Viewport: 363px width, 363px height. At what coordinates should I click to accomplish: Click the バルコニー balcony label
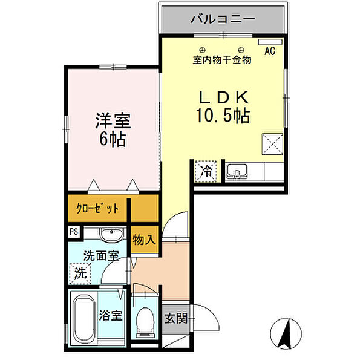[x=222, y=19]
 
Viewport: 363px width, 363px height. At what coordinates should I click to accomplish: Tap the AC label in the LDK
[x=269, y=51]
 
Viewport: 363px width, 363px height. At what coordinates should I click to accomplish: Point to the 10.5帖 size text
[x=222, y=115]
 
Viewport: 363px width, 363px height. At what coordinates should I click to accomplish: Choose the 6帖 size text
[x=112, y=140]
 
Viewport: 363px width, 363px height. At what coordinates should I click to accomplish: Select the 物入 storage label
[x=144, y=240]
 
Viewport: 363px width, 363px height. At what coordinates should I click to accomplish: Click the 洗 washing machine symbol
[x=79, y=273]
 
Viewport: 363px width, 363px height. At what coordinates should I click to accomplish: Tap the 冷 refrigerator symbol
[x=206, y=171]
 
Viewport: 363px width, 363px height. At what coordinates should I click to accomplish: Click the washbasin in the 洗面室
[x=111, y=235]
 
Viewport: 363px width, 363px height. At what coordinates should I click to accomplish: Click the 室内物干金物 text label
[x=221, y=60]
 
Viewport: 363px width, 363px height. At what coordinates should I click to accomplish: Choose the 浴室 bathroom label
[x=112, y=316]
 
